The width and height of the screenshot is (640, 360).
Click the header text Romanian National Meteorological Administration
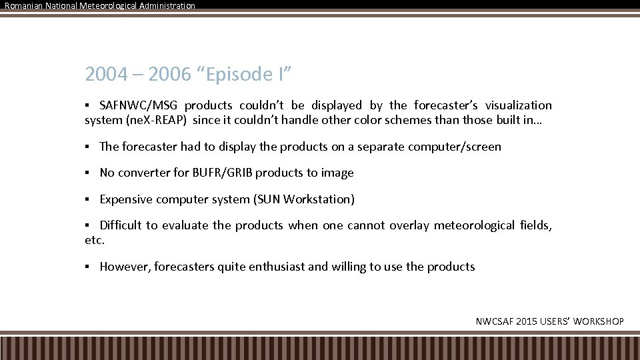pos(100,5)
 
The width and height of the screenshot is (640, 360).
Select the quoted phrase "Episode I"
pos(244,74)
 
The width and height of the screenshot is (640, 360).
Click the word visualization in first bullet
pos(518,105)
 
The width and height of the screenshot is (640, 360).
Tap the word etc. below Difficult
pos(95,241)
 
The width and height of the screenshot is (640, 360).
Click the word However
pos(125,267)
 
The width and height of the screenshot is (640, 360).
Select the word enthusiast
pos(277,267)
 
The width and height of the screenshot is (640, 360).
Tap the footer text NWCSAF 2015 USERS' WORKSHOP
pos(549,321)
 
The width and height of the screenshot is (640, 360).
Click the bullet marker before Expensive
pos(88,199)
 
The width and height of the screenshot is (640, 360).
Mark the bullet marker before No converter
pos(88,173)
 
